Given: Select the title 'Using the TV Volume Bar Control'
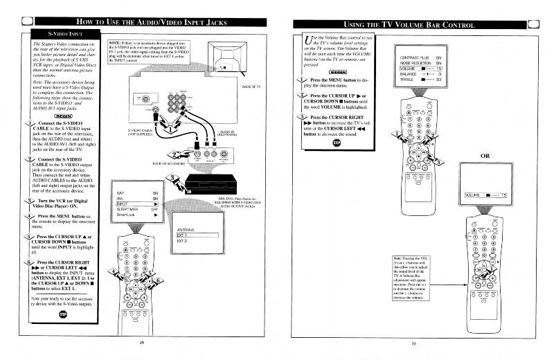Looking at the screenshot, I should point(409,24).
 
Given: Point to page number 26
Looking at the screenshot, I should point(141,342).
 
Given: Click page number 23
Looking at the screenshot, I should point(413,343).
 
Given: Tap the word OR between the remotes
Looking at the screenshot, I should point(485,156).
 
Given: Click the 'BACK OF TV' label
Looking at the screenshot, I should point(251,87).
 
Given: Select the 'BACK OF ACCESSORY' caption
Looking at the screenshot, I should point(170,164).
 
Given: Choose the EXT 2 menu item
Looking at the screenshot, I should point(182,240).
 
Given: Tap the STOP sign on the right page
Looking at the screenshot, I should point(337,143).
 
